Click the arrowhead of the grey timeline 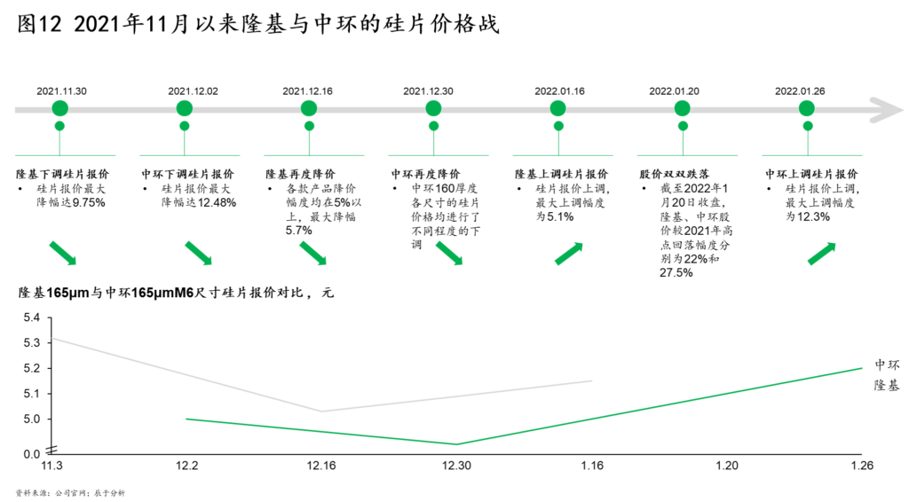point(890,110)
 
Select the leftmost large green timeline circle point(59,108)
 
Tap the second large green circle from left point(185,108)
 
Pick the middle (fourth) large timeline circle point(433,108)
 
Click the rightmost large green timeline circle point(806,108)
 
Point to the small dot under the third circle point(309,126)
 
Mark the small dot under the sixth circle point(683,126)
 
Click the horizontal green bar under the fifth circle point(563,155)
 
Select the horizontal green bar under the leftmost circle point(65,155)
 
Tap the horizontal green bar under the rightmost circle point(811,155)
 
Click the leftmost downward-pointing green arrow point(63,253)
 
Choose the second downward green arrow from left point(199,253)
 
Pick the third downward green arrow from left point(313,253)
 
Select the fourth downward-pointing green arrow point(449,253)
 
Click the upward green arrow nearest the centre point(569,254)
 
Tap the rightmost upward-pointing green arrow point(822,254)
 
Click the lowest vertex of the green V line point(455,443)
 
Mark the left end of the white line point(53,338)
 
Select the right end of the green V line point(861,368)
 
